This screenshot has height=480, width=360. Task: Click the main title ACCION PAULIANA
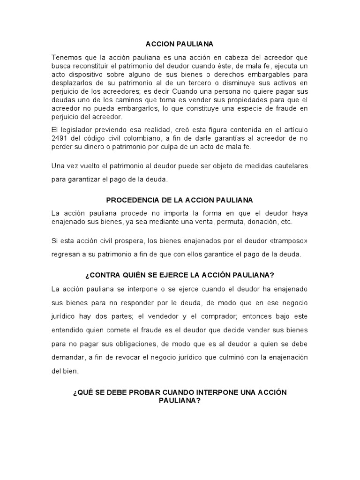click(180, 44)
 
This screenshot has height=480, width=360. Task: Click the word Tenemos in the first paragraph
click(66, 57)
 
